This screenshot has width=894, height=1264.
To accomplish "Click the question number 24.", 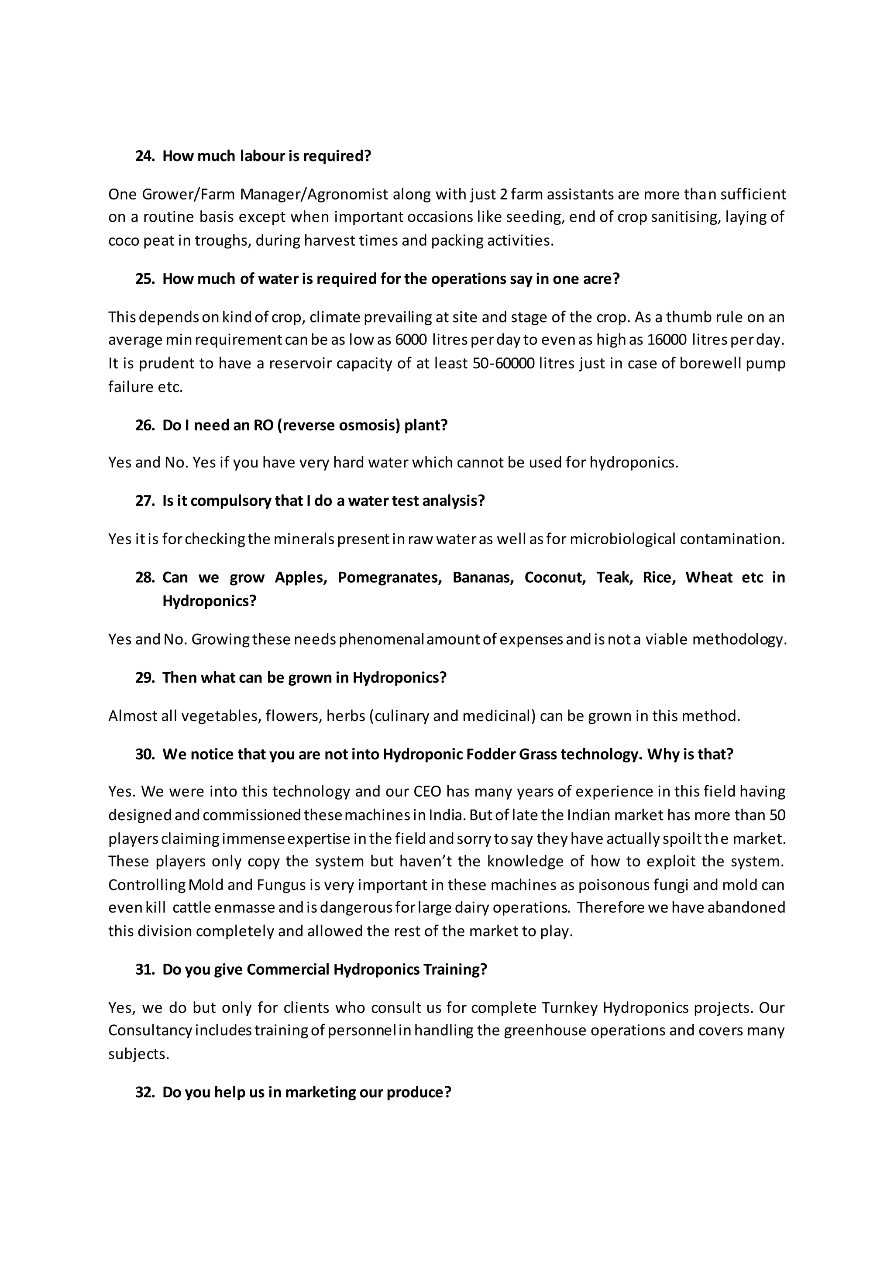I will coord(144,156).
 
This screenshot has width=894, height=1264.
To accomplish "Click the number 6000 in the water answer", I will coord(411,340).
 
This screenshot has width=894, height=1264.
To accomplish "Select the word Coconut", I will coord(555,577).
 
